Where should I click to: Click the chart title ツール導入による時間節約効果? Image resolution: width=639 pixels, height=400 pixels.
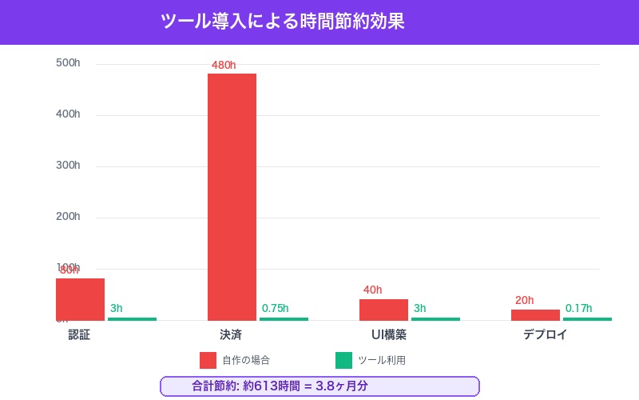tap(283, 22)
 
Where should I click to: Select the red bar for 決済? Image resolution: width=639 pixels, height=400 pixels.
tap(232, 197)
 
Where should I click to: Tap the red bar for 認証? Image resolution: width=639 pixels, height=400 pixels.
tap(80, 299)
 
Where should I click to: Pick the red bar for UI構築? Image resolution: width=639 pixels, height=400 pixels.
tap(383, 310)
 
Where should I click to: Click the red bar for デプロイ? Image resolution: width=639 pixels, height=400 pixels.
tap(535, 314)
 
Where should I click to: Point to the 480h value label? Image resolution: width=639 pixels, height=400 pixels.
tap(224, 65)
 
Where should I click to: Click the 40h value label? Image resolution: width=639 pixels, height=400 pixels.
tap(372, 290)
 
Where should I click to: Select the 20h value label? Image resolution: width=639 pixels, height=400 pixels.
tap(524, 300)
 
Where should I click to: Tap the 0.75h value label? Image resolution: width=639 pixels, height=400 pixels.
tap(275, 308)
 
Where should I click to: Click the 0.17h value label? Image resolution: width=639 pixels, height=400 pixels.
tap(578, 308)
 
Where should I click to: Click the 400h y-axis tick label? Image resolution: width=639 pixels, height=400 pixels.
tap(68, 114)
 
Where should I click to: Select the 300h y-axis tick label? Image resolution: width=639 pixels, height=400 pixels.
tap(68, 165)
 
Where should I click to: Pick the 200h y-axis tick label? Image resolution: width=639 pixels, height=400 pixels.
tap(68, 216)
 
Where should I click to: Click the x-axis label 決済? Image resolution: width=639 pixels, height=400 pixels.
tap(231, 334)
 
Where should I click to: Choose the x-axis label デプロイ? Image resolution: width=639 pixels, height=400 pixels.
tap(545, 334)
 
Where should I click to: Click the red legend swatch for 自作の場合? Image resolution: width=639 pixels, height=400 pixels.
tap(208, 360)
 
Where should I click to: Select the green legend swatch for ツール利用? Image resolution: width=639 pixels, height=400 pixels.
tap(343, 360)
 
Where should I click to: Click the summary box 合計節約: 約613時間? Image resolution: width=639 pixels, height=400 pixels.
tap(319, 386)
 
